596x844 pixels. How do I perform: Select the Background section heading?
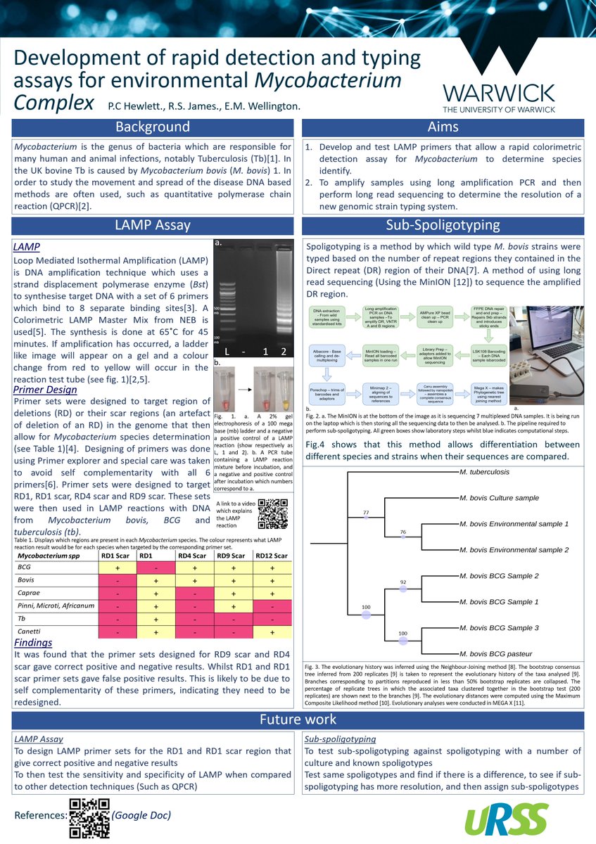pyautogui.click(x=153, y=127)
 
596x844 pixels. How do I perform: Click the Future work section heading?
pyautogui.click(x=298, y=720)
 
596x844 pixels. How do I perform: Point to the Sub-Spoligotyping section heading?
pyautogui.click(x=443, y=226)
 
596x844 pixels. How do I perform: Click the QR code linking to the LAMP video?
pyautogui.click(x=273, y=513)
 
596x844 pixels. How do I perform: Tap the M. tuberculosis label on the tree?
pyautogui.click(x=484, y=472)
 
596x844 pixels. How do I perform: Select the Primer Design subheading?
pyautogui.click(x=45, y=389)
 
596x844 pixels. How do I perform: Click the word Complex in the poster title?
pyautogui.click(x=54, y=102)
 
